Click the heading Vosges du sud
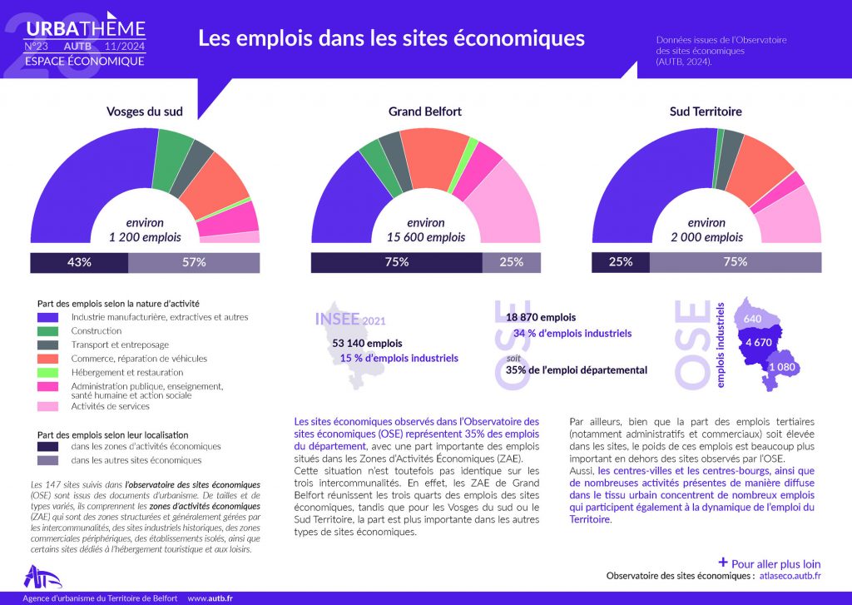coord(144,112)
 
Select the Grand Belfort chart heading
coord(425,112)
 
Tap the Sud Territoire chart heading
coord(706,112)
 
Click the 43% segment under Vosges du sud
coord(79,262)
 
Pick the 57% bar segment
coord(194,262)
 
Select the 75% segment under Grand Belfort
coord(396,262)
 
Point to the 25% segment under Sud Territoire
coord(620,262)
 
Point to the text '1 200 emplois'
coord(145,237)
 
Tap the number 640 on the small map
coord(753,319)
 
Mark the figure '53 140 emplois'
coord(367,343)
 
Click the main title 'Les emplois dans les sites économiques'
coord(391,38)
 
